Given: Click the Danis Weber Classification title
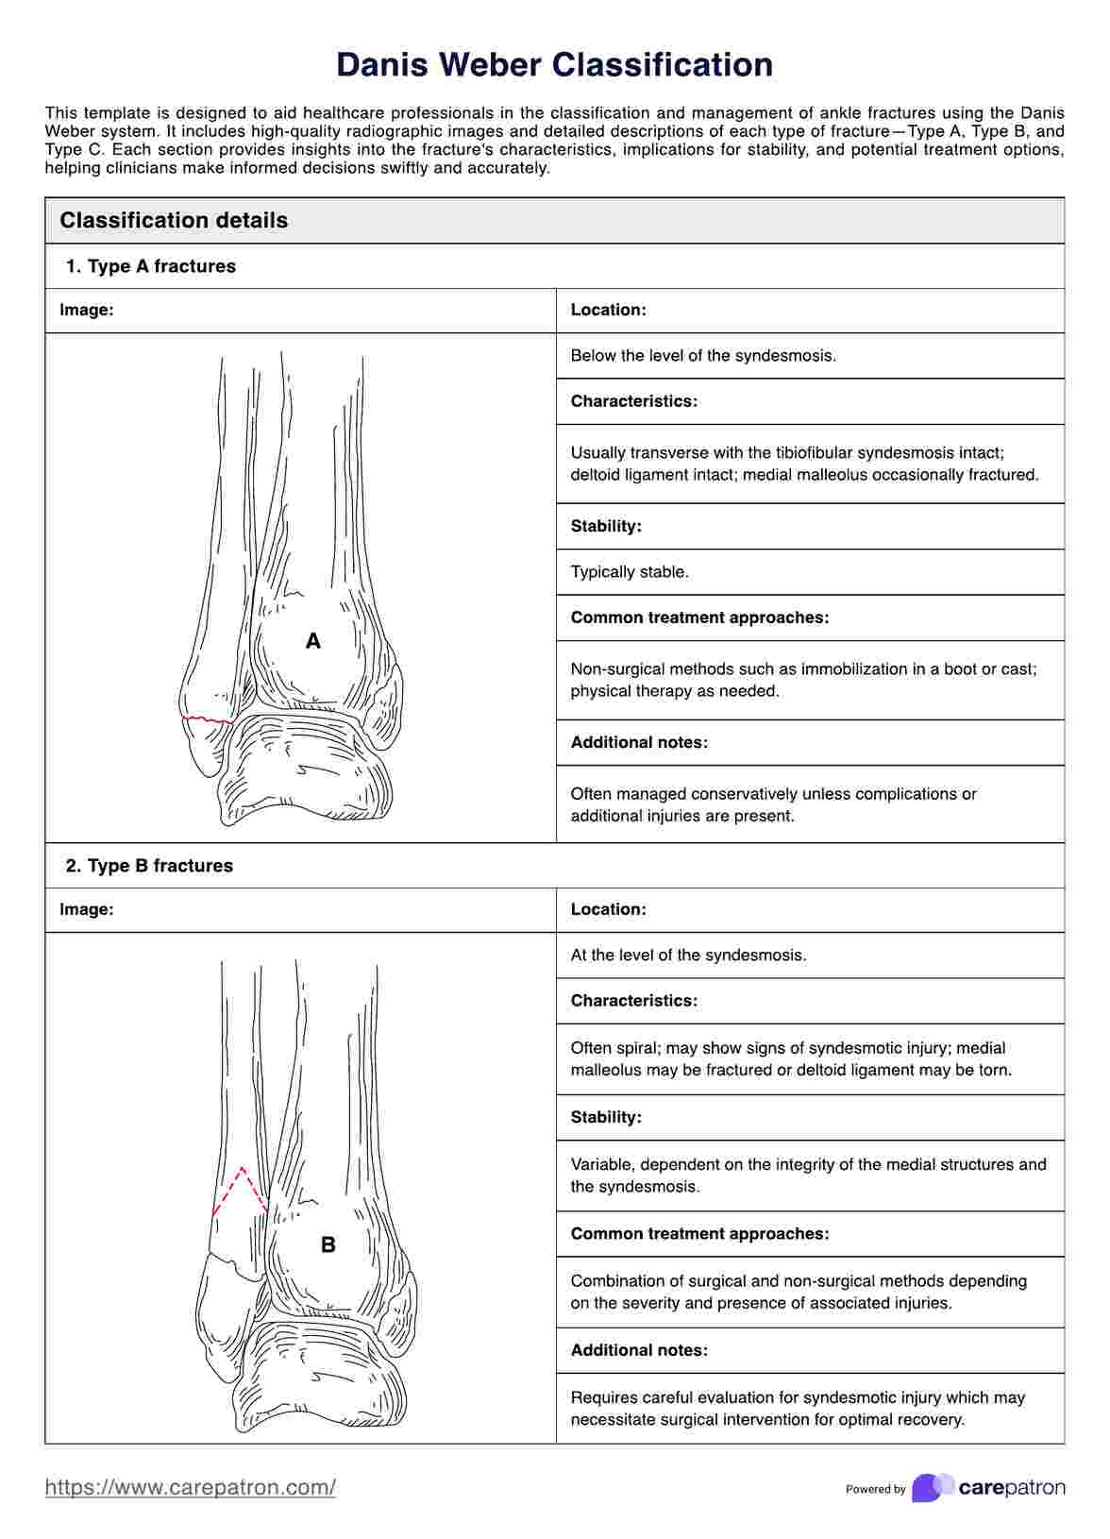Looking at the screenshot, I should [x=554, y=65].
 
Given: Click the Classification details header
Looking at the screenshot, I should [x=174, y=220].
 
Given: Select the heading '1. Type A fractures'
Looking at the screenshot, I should [x=151, y=266].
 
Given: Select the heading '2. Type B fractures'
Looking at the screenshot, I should [x=149, y=866].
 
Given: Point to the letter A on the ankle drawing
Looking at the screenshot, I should [x=313, y=642].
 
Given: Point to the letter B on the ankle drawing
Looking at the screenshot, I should [x=328, y=1245].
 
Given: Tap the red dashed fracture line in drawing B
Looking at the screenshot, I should [x=242, y=1187].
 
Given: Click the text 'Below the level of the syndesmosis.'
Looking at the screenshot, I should [x=703, y=356].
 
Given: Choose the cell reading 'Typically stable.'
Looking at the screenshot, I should [x=630, y=572].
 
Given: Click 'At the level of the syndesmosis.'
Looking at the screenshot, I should [x=688, y=956].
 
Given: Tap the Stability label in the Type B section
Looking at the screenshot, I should [x=606, y=1118].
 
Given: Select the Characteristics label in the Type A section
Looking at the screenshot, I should [x=633, y=401].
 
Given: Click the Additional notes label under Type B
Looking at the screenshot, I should [x=639, y=1350].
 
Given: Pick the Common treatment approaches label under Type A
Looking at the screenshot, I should [x=699, y=617].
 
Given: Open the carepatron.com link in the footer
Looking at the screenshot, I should [x=191, y=1487].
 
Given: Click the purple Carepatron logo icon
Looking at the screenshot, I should [x=933, y=1487].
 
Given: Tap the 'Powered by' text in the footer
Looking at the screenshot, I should [x=875, y=1489].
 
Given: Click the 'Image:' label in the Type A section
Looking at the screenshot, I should [x=87, y=310].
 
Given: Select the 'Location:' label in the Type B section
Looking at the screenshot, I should [x=608, y=909].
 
